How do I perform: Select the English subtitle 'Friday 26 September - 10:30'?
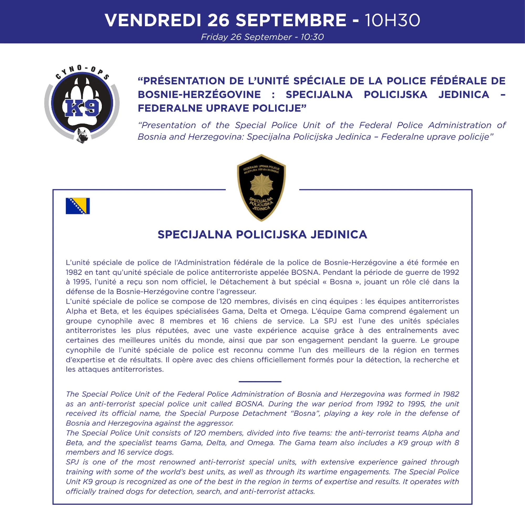[x=262, y=37]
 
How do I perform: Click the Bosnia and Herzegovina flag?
[x=78, y=206]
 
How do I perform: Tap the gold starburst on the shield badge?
[x=261, y=186]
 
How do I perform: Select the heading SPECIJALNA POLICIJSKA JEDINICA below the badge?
[x=262, y=234]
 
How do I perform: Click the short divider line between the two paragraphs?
[x=260, y=381]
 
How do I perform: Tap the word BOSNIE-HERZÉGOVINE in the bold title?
[x=199, y=94]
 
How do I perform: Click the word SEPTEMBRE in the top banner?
[x=291, y=20]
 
